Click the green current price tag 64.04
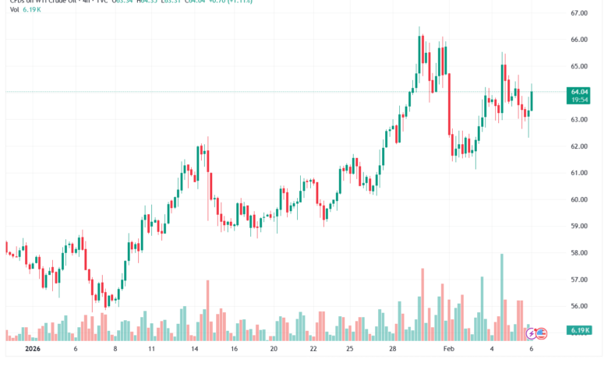tap(578, 92)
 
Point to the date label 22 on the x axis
tap(312, 350)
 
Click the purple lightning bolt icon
tap(532, 333)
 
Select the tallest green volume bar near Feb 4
tap(502, 297)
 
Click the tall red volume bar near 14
tap(208, 310)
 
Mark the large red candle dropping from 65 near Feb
tap(451, 104)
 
